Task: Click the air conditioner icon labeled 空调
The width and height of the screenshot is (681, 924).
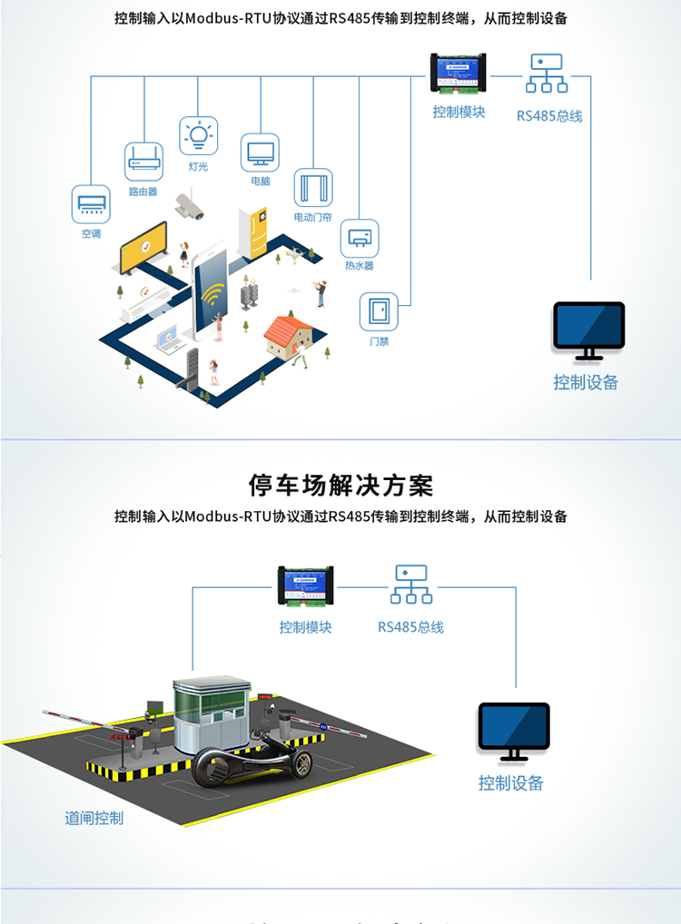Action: point(91,204)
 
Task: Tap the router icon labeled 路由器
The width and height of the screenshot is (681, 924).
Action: point(143,162)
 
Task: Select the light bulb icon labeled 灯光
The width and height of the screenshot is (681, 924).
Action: point(198,134)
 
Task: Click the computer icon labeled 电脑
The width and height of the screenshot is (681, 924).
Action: point(260,152)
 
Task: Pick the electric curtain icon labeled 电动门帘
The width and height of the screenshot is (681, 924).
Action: point(312,188)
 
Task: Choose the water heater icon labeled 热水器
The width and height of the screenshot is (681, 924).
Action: point(360,238)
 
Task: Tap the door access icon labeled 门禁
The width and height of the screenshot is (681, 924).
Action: point(379,312)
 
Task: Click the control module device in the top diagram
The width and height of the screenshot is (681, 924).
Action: point(459,74)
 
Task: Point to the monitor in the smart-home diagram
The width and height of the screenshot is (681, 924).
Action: point(589,329)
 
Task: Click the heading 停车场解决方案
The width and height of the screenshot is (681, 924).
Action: point(340,485)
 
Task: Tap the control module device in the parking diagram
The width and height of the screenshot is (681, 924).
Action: point(305,586)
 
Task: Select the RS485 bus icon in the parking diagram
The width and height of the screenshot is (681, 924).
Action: point(411,585)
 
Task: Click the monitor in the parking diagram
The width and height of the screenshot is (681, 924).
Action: point(514,731)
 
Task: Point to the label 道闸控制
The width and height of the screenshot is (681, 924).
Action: point(94,818)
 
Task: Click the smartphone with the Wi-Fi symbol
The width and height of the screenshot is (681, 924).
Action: point(211,290)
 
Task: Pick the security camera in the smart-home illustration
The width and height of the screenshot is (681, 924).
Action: point(191,206)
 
